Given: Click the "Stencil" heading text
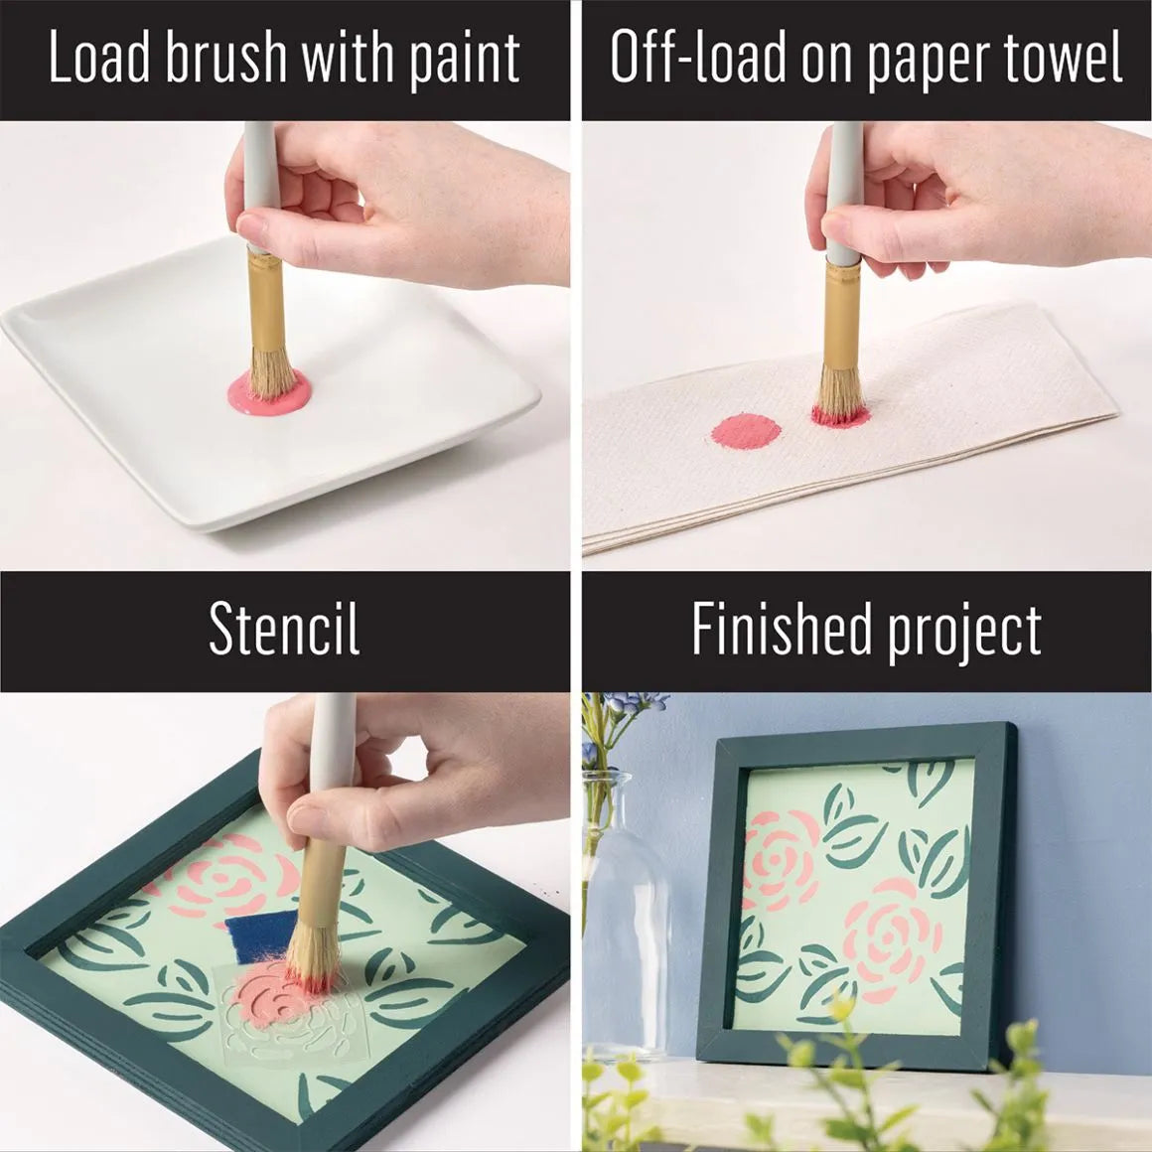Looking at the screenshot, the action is tap(284, 630).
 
